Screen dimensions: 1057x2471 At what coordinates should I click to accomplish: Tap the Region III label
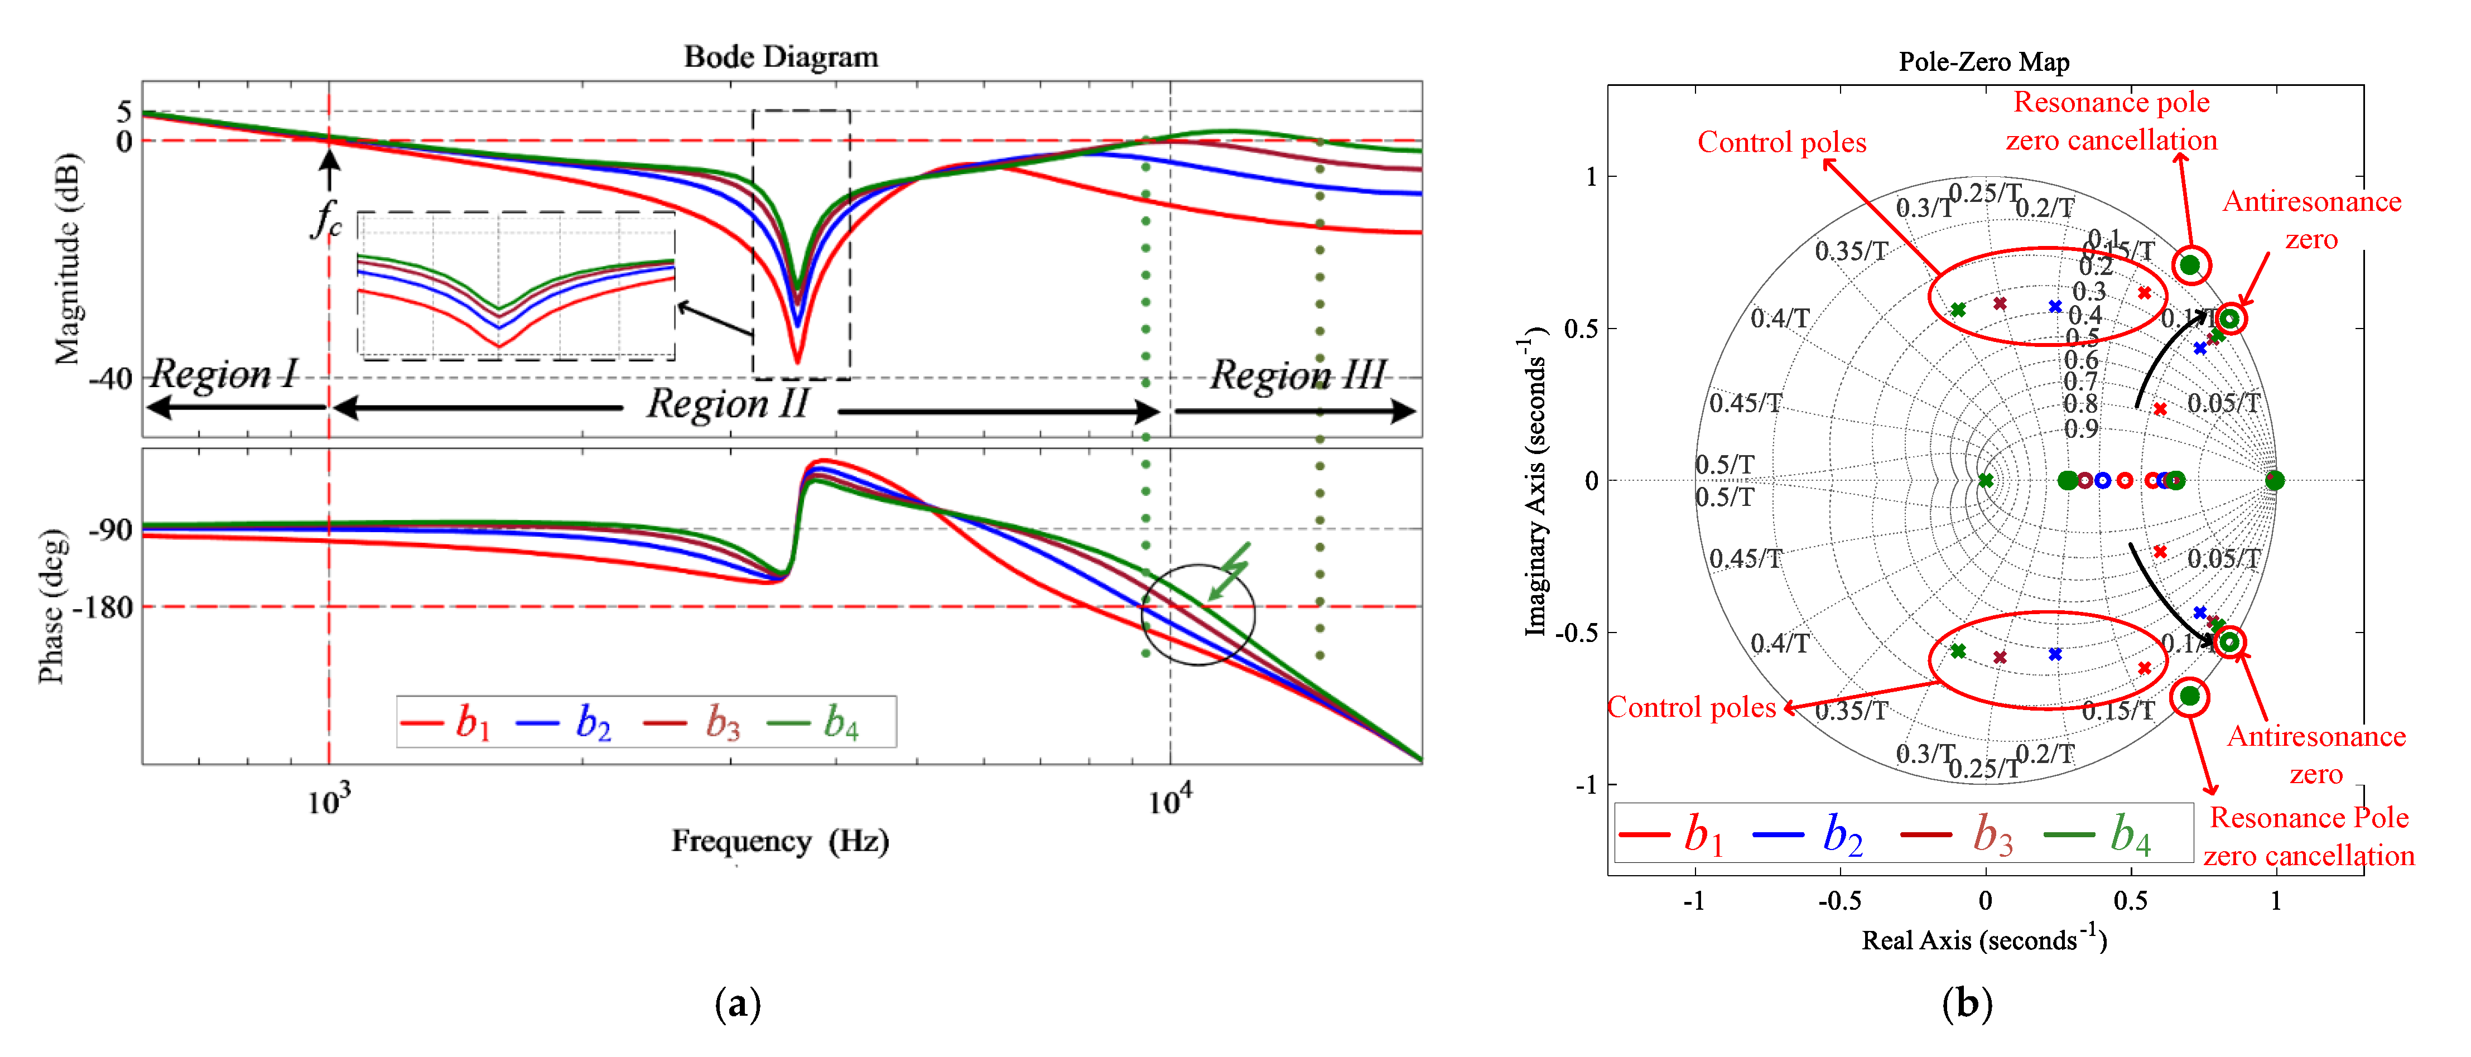(1297, 375)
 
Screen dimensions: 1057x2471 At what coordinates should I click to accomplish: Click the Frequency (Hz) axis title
(780, 841)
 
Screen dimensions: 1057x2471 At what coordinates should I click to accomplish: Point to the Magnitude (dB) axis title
(67, 259)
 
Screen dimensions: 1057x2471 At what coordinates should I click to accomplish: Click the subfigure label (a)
(738, 1004)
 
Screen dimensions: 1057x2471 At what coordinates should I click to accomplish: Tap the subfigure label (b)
(1967, 1004)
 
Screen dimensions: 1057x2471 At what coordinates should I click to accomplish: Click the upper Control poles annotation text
(1781, 143)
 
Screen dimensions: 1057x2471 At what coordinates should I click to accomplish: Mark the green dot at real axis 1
(2275, 481)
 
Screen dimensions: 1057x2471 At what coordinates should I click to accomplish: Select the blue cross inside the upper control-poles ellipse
(2055, 307)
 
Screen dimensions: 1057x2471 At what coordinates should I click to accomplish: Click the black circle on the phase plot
(1198, 615)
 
